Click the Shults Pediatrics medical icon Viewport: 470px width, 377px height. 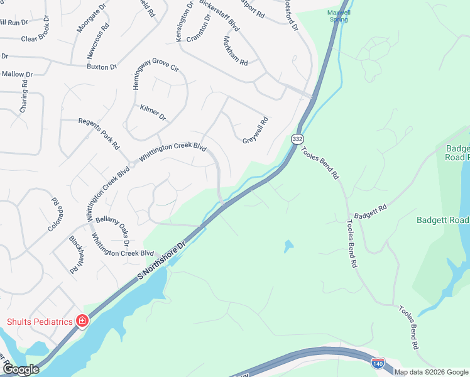click(82, 321)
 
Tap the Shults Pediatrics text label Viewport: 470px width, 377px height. click(40, 322)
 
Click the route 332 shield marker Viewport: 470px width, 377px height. click(298, 139)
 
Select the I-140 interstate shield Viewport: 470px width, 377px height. click(378, 363)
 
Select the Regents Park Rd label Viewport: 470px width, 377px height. click(99, 133)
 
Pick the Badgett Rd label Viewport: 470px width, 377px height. click(370, 210)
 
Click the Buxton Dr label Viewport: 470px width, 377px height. click(102, 66)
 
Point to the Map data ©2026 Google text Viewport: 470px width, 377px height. click(432, 372)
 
